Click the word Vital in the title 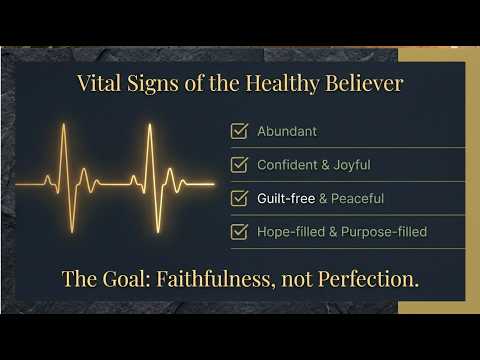pyautogui.click(x=97, y=84)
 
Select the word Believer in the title pyautogui.click(x=365, y=84)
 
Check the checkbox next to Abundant pyautogui.click(x=239, y=130)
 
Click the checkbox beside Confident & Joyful pyautogui.click(x=239, y=164)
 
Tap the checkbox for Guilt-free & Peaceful pyautogui.click(x=239, y=198)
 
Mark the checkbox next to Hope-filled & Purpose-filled pyautogui.click(x=239, y=232)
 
